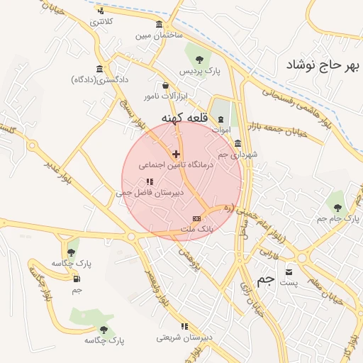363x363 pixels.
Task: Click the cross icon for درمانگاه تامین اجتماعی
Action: tap(176, 154)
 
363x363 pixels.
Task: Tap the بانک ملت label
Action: tap(196, 230)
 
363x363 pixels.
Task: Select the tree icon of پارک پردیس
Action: tap(199, 60)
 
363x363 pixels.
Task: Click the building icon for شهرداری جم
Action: tap(238, 143)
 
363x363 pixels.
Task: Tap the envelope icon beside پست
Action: tap(289, 272)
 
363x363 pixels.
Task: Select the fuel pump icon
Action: tap(76, 278)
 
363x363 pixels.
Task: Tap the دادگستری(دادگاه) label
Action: tap(99, 80)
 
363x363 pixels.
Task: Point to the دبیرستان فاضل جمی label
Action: tap(150, 192)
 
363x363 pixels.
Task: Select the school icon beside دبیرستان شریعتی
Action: tap(184, 326)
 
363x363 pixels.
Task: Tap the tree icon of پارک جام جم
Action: tap(337, 207)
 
